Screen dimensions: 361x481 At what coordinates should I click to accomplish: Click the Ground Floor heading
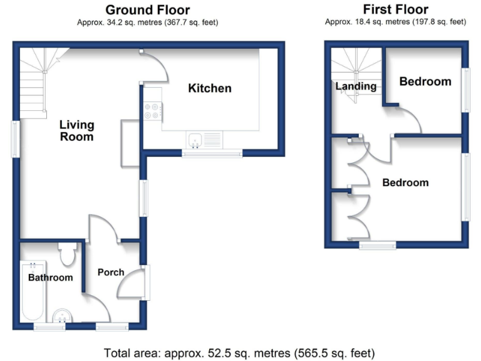pyautogui.click(x=147, y=9)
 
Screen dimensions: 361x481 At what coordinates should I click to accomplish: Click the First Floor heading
pyautogui.click(x=395, y=9)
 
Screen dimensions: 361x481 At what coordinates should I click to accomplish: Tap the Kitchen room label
pyautogui.click(x=210, y=88)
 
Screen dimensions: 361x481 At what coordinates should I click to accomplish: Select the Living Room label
pyautogui.click(x=76, y=130)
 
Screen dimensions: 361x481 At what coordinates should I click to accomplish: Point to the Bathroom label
pyautogui.click(x=50, y=277)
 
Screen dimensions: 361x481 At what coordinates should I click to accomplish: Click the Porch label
pyautogui.click(x=111, y=273)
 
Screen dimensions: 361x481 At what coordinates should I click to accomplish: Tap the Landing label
pyautogui.click(x=356, y=86)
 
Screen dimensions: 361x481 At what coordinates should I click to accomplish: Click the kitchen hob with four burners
pyautogui.click(x=152, y=111)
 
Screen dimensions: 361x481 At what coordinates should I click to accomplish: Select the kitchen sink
pyautogui.click(x=196, y=140)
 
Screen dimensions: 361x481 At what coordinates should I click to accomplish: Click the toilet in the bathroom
pyautogui.click(x=67, y=254)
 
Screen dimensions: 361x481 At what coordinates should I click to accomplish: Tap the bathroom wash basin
pyautogui.click(x=61, y=316)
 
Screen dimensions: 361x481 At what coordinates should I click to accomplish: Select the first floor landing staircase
pyautogui.click(x=355, y=69)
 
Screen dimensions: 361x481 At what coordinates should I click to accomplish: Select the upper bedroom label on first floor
pyautogui.click(x=425, y=81)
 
